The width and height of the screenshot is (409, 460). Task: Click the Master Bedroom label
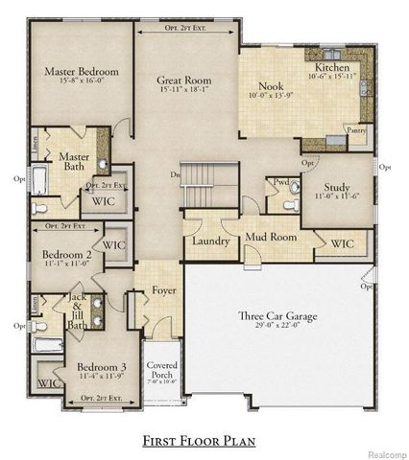pos(82,72)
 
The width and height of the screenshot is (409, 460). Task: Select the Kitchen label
pos(332,69)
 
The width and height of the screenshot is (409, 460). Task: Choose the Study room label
pos(335,189)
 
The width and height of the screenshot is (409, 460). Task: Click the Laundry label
pos(209,241)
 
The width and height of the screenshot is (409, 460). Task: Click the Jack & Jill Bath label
pos(77,311)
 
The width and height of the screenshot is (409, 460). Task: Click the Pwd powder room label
pos(281,182)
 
